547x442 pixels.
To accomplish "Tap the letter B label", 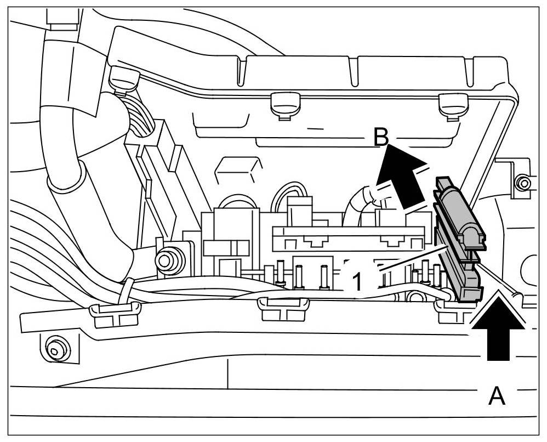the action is click(381, 137).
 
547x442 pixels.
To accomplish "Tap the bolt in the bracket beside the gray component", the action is click(523, 183).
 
